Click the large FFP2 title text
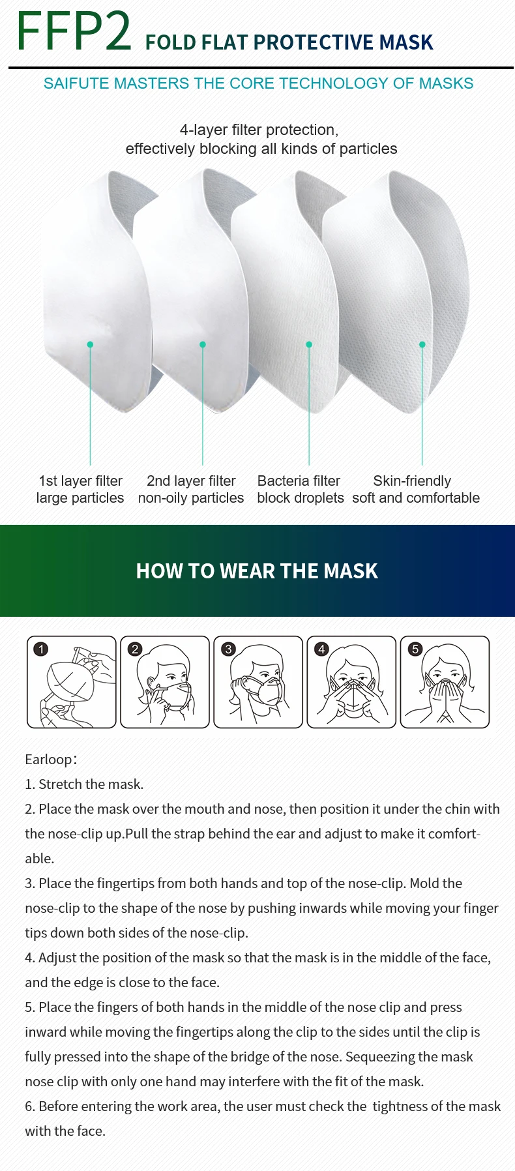click(x=74, y=31)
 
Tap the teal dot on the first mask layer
click(x=90, y=344)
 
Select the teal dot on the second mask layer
click(x=203, y=344)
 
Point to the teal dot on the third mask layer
click(x=309, y=344)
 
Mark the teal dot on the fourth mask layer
click(x=422, y=344)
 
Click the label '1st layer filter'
click(x=80, y=481)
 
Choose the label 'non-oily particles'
click(x=191, y=498)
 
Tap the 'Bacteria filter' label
click(x=299, y=481)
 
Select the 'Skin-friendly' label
click(x=412, y=481)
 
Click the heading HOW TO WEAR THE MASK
click(x=257, y=571)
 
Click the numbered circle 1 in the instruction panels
click(x=41, y=649)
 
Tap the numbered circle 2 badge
click(x=135, y=649)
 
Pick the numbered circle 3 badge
click(x=228, y=649)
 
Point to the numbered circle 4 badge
click(x=321, y=649)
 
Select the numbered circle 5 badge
click(x=415, y=649)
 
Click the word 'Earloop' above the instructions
click(x=49, y=760)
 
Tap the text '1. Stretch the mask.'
click(x=84, y=784)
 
